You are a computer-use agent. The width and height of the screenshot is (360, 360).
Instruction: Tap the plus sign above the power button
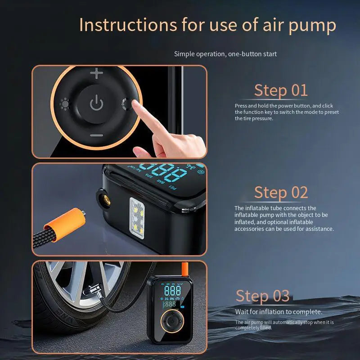pos(96,74)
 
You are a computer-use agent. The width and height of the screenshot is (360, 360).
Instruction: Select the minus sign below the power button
pos(96,135)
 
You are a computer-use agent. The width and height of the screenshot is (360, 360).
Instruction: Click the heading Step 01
pos(281,90)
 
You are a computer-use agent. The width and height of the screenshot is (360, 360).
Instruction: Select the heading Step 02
pos(281,193)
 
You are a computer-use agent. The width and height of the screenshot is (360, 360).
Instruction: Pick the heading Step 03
pos(263,296)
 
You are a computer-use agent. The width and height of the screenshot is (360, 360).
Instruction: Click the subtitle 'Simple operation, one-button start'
pos(225,54)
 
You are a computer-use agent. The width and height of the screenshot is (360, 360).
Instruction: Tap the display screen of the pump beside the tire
pos(171,297)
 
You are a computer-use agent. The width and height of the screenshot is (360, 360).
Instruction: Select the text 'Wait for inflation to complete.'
pos(279,312)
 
